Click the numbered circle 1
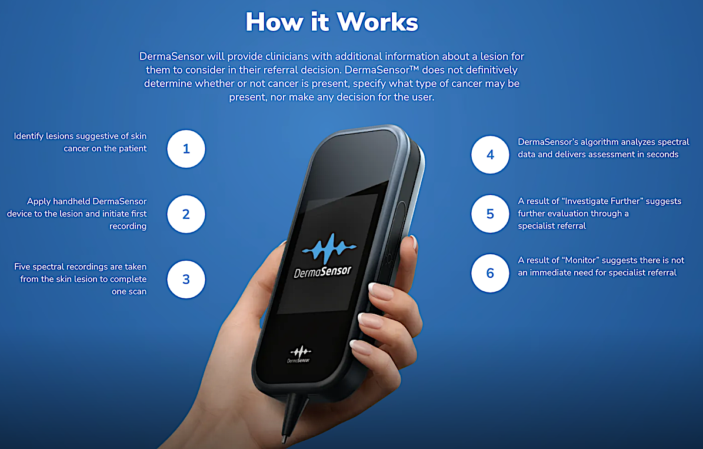pyautogui.click(x=186, y=149)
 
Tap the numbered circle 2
pyautogui.click(x=186, y=214)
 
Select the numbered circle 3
pyautogui.click(x=186, y=279)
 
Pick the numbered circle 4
pyautogui.click(x=490, y=155)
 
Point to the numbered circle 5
pyautogui.click(x=490, y=214)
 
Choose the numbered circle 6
pyautogui.click(x=490, y=273)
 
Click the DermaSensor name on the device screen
pyautogui.click(x=323, y=272)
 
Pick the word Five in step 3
pyautogui.click(x=24, y=267)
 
